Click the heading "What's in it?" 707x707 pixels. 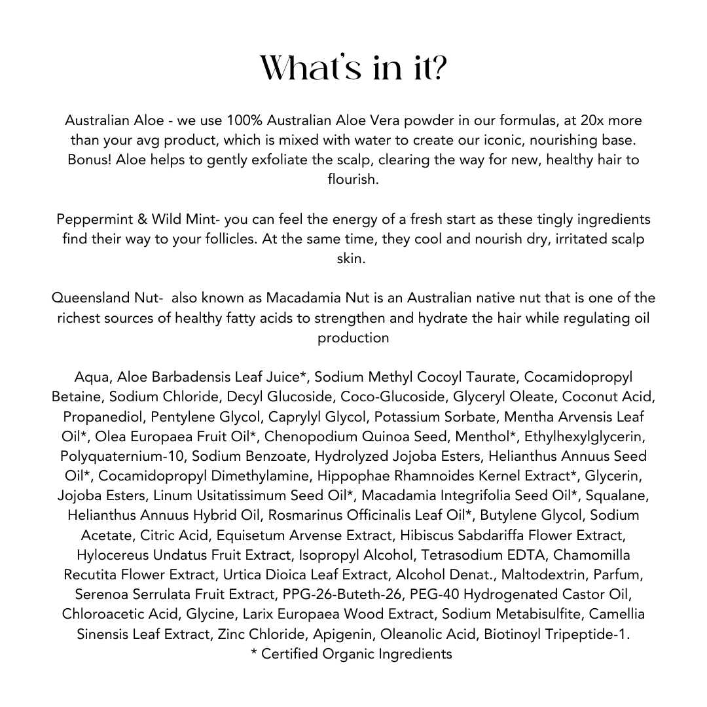(353, 67)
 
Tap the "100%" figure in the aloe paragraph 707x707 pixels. (242, 121)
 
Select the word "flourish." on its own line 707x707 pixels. (353, 180)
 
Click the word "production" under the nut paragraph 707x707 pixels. (353, 338)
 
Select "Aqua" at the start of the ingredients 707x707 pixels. (92, 378)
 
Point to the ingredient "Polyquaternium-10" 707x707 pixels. (124, 456)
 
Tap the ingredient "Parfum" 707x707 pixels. (622, 575)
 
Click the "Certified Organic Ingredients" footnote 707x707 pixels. (356, 654)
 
